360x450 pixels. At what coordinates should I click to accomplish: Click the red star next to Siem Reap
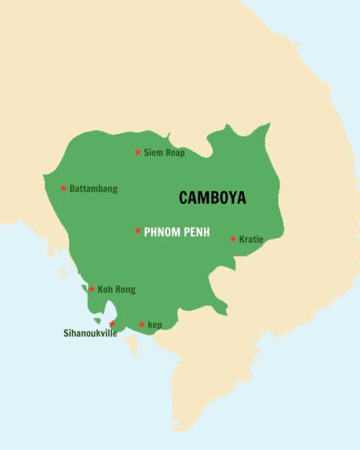[137, 152]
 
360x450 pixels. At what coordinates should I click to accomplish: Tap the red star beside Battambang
[63, 188]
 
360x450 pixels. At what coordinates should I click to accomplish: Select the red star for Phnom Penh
[137, 230]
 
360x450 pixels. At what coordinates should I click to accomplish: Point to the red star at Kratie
[232, 239]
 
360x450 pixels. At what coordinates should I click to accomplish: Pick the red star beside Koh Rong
[92, 288]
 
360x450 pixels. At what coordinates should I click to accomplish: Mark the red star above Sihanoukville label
[112, 324]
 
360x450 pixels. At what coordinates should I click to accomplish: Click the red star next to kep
[141, 324]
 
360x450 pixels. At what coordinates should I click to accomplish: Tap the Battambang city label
[94, 189]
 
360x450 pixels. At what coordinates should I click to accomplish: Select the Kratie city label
[251, 239]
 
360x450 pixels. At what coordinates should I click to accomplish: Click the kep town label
[154, 325]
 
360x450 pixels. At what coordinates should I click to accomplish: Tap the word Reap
[175, 154]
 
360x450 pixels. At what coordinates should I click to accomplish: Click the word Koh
[105, 289]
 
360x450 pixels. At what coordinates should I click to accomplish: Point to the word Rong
[126, 290]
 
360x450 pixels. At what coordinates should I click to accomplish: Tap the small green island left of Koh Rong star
[84, 288]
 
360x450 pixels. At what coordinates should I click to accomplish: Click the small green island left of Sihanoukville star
[97, 321]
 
